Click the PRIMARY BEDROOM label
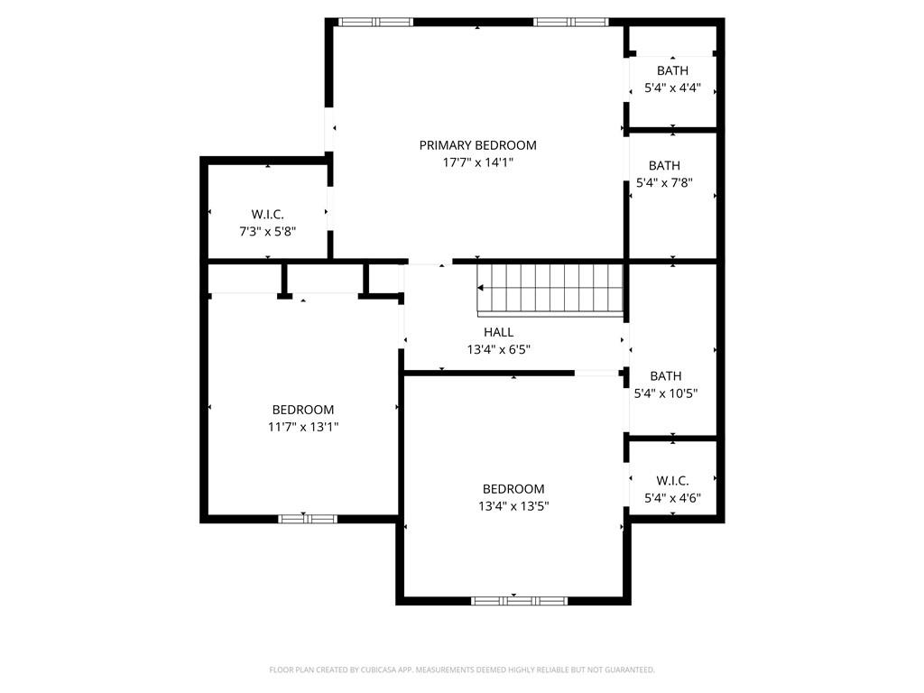(x=477, y=145)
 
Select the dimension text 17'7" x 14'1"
(x=477, y=162)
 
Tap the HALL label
(x=498, y=332)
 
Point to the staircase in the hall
(x=550, y=289)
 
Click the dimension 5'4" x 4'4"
(x=672, y=88)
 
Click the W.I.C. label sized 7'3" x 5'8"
(x=267, y=214)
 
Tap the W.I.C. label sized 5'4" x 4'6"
(x=672, y=480)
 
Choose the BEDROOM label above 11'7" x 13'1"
(x=303, y=410)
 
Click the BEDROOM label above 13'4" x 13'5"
(x=513, y=489)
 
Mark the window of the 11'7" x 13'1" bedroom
(x=307, y=519)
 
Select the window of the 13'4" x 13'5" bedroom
(x=518, y=600)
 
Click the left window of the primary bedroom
(x=375, y=22)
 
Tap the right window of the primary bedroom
(x=570, y=22)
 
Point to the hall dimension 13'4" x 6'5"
(x=498, y=349)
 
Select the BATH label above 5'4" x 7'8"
(x=664, y=165)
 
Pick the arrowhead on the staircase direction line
(x=481, y=288)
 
